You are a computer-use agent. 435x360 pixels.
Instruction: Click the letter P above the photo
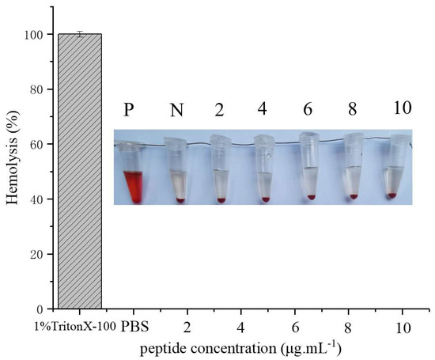click(x=132, y=109)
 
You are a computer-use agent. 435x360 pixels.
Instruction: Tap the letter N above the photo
click(x=178, y=109)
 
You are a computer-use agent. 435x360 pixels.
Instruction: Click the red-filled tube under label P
click(x=132, y=178)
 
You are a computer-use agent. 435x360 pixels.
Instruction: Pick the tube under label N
click(x=178, y=174)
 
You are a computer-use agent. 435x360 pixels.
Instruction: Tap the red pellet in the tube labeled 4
click(x=266, y=199)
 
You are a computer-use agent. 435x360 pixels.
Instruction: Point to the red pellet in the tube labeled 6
click(x=311, y=196)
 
